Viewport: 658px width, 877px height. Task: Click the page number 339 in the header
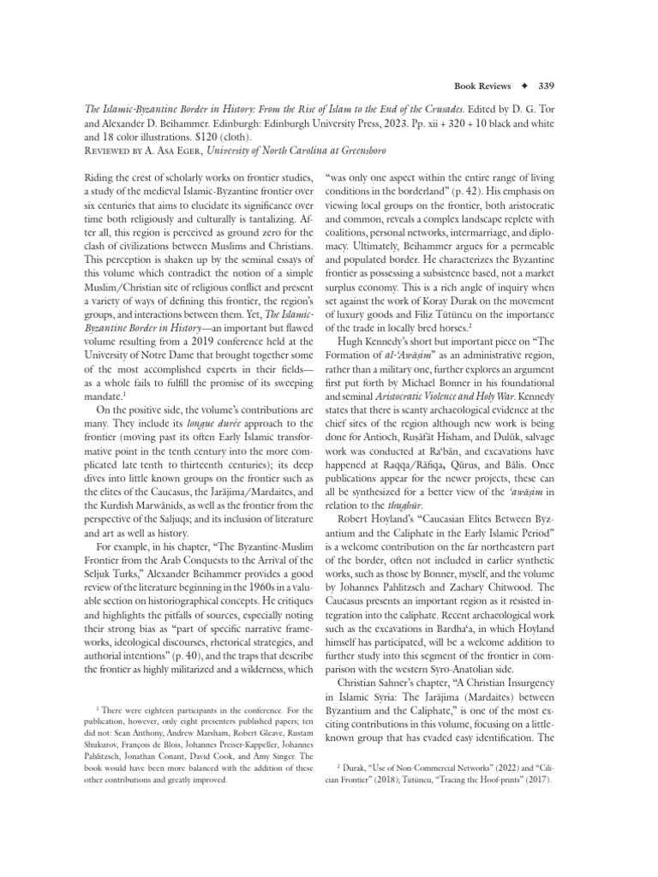pos(545,86)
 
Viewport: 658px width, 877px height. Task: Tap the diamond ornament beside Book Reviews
pos(522,86)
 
